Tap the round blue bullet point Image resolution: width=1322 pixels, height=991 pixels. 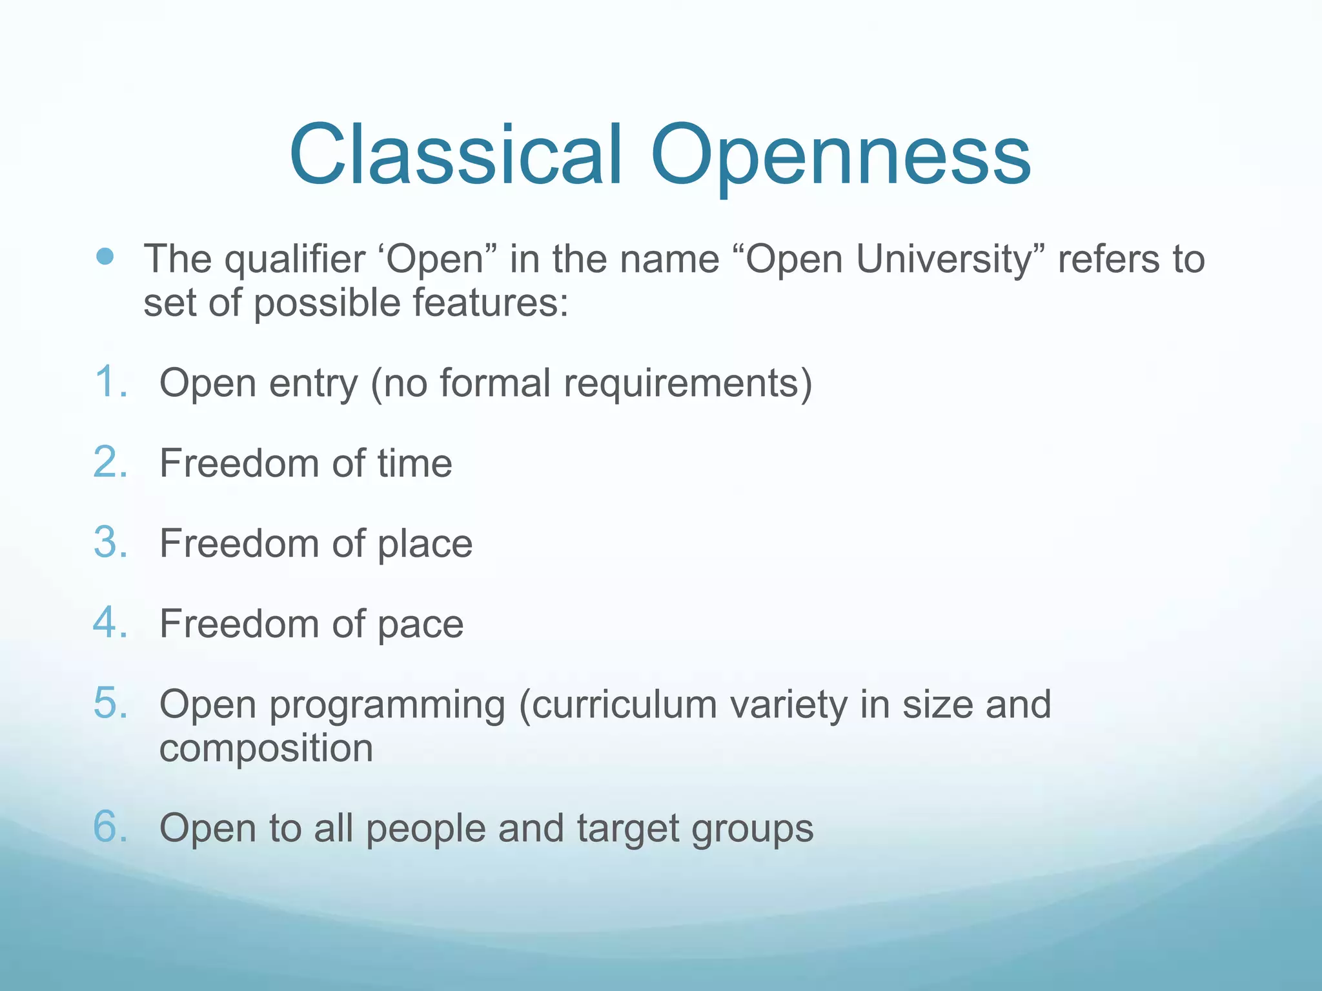click(105, 257)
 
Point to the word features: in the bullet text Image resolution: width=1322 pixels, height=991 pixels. click(491, 303)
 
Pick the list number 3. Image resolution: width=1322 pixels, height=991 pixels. click(110, 543)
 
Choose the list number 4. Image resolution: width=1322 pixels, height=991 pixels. click(110, 623)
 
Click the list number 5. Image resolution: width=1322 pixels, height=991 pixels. click(110, 703)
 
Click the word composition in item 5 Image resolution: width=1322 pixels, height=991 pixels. click(266, 748)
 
